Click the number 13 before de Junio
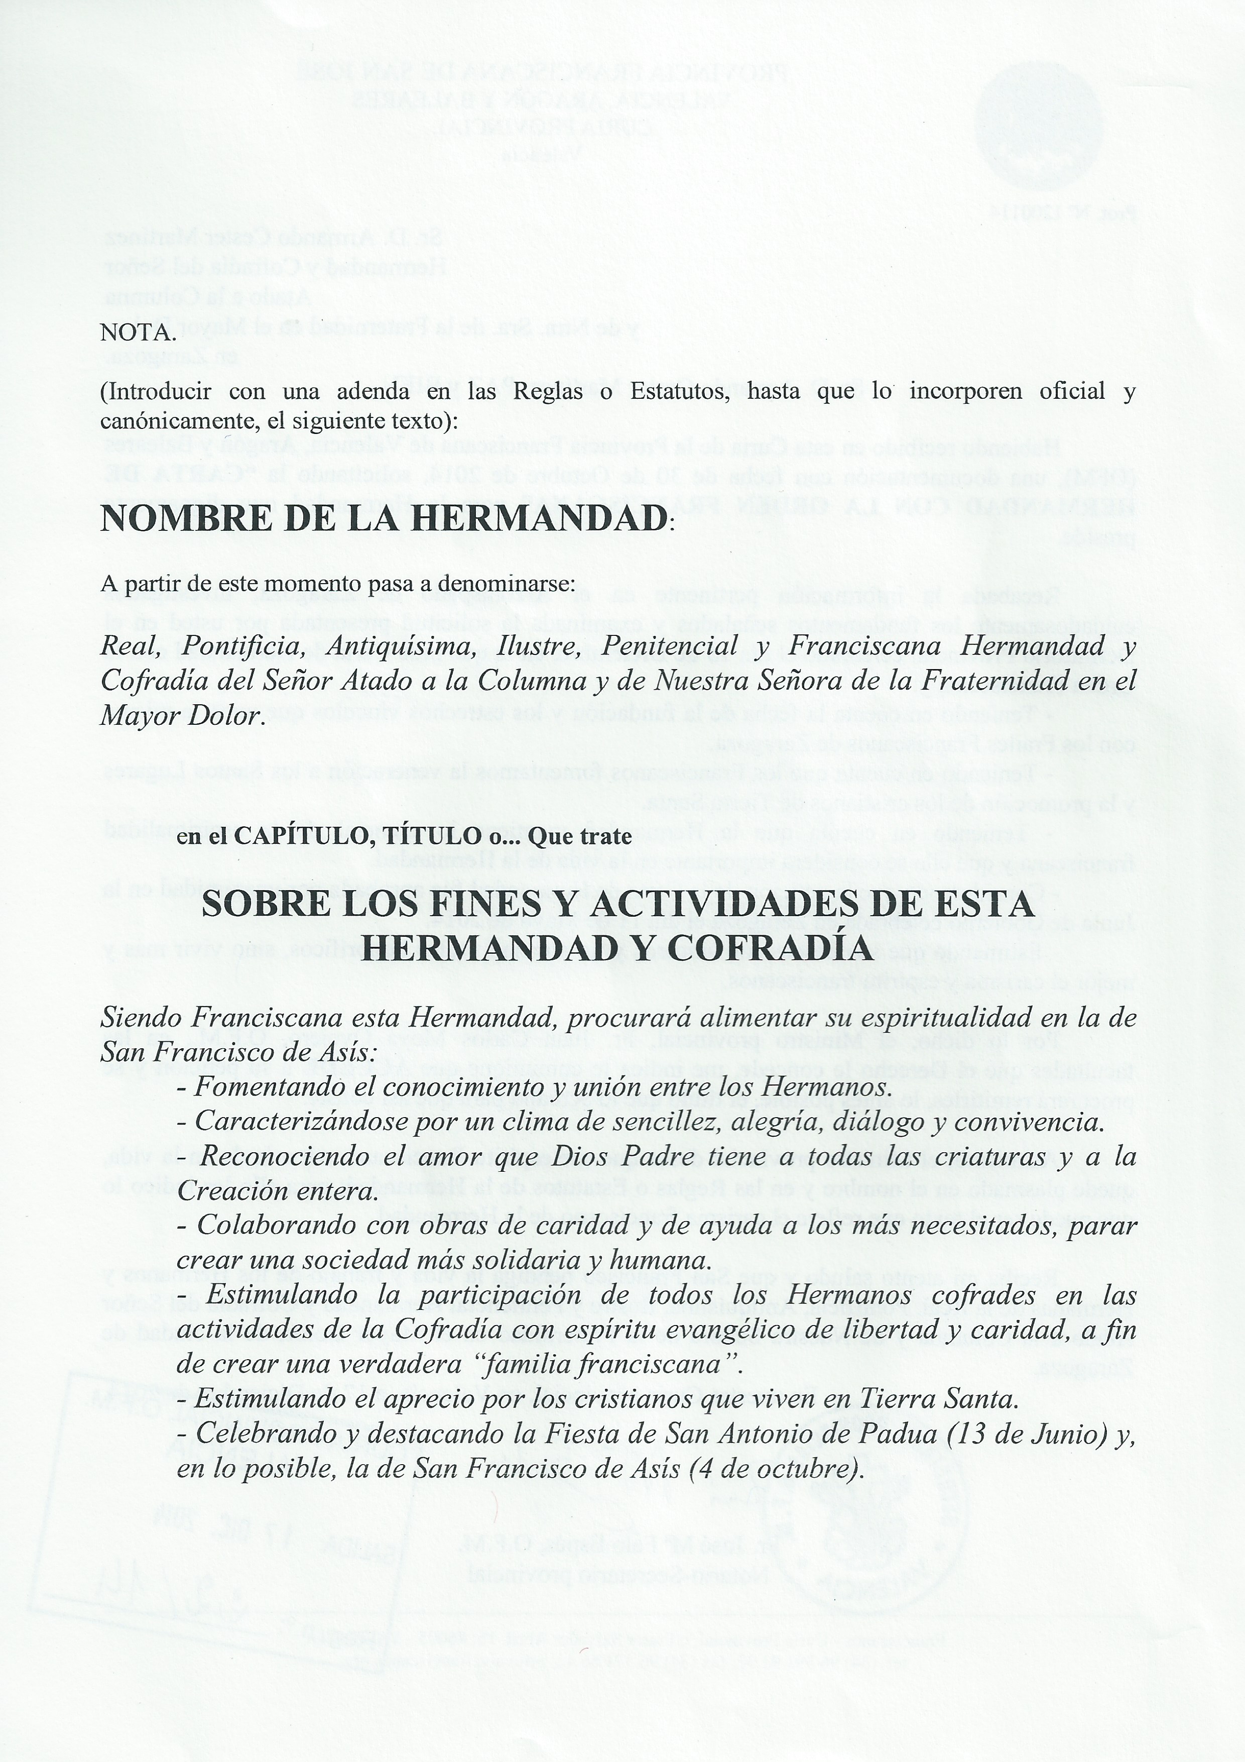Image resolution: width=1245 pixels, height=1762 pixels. [965, 1435]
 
